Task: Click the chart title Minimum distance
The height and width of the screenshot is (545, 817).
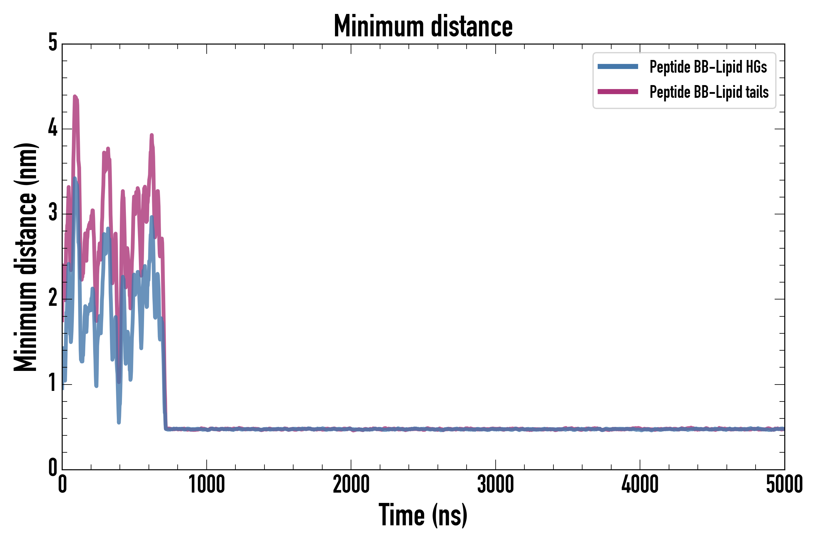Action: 423,26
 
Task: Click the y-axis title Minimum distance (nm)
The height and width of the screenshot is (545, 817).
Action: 26,257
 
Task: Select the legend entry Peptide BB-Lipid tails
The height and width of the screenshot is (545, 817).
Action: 709,92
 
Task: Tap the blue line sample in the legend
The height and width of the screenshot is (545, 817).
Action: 618,67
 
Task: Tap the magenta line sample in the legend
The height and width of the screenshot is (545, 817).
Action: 618,92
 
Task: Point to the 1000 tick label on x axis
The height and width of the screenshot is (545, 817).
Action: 207,484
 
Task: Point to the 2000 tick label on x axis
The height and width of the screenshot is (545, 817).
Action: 351,484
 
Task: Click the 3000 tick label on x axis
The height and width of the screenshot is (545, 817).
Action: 495,484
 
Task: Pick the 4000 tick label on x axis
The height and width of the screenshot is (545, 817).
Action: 640,484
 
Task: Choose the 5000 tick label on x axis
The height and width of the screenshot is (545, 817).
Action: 784,484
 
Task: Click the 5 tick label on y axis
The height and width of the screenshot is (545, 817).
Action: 53,43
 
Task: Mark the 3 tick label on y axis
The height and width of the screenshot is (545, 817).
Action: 53,213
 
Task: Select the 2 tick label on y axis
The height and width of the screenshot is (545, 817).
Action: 53,298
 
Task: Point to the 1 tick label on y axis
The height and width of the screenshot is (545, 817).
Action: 53,383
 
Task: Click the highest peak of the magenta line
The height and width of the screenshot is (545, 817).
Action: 75,97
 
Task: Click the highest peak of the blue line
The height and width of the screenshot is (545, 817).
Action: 75,178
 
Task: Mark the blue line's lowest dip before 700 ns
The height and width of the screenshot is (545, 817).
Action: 119,422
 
